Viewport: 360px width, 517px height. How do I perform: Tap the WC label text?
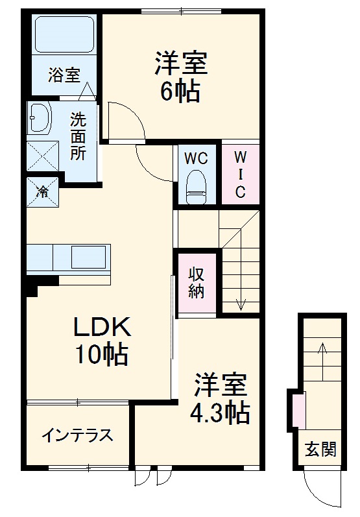click(x=195, y=158)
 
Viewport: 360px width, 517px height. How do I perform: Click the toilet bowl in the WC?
click(x=195, y=183)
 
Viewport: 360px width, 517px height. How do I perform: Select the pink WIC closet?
click(x=240, y=174)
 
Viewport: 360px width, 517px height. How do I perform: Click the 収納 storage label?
click(x=197, y=282)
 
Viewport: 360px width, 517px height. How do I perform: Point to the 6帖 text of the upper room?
click(x=180, y=91)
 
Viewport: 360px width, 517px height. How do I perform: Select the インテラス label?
click(x=77, y=435)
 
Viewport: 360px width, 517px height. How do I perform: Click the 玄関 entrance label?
click(x=321, y=448)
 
